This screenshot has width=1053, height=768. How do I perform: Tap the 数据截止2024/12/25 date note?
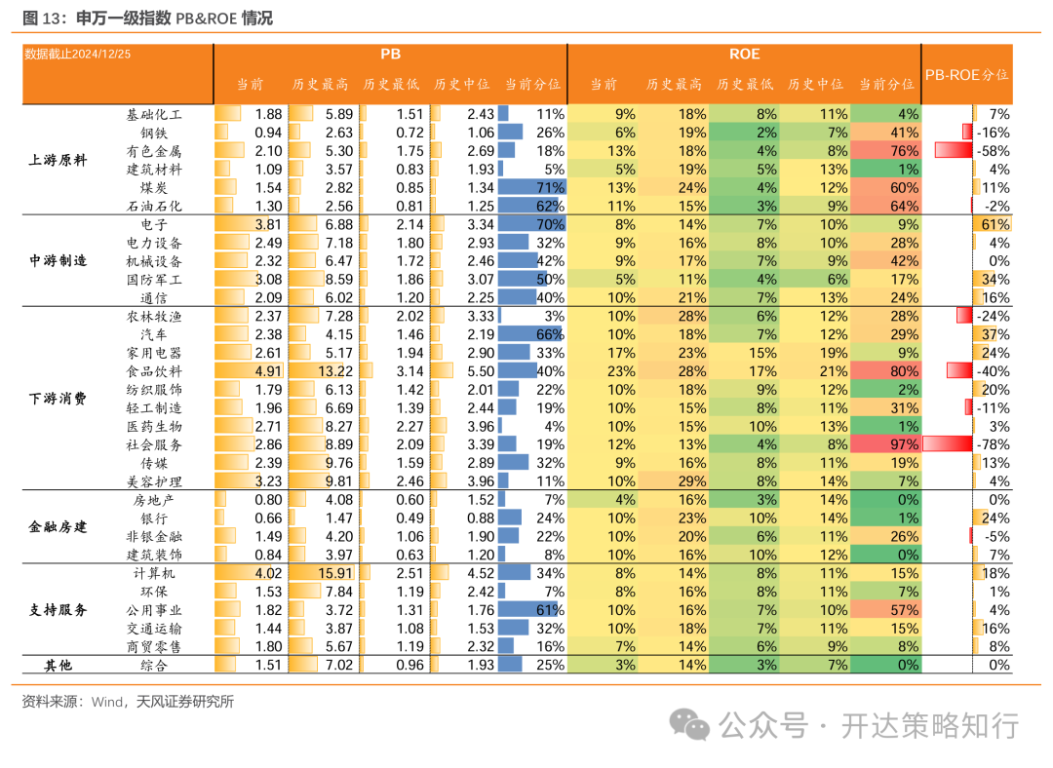[x=77, y=54]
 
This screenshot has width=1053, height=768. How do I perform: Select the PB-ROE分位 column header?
[x=966, y=74]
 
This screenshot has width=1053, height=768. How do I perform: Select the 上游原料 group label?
[x=58, y=160]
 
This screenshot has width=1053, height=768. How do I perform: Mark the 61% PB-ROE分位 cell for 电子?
[x=995, y=224]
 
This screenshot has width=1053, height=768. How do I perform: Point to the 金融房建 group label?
[x=58, y=527]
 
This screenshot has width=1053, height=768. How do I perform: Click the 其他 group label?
[x=58, y=666]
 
